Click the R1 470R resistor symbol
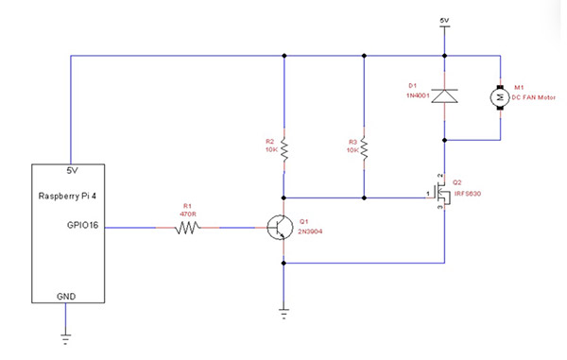pos(192,227)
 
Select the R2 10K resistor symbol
pos(283,147)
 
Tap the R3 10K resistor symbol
pos(363,147)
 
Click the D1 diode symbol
pos(443,94)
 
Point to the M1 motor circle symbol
pos(499,95)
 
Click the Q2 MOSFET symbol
pos(440,197)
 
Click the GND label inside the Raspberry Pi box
pos(65,295)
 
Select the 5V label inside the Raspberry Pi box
pos(70,172)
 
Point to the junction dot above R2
pos(283,55)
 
